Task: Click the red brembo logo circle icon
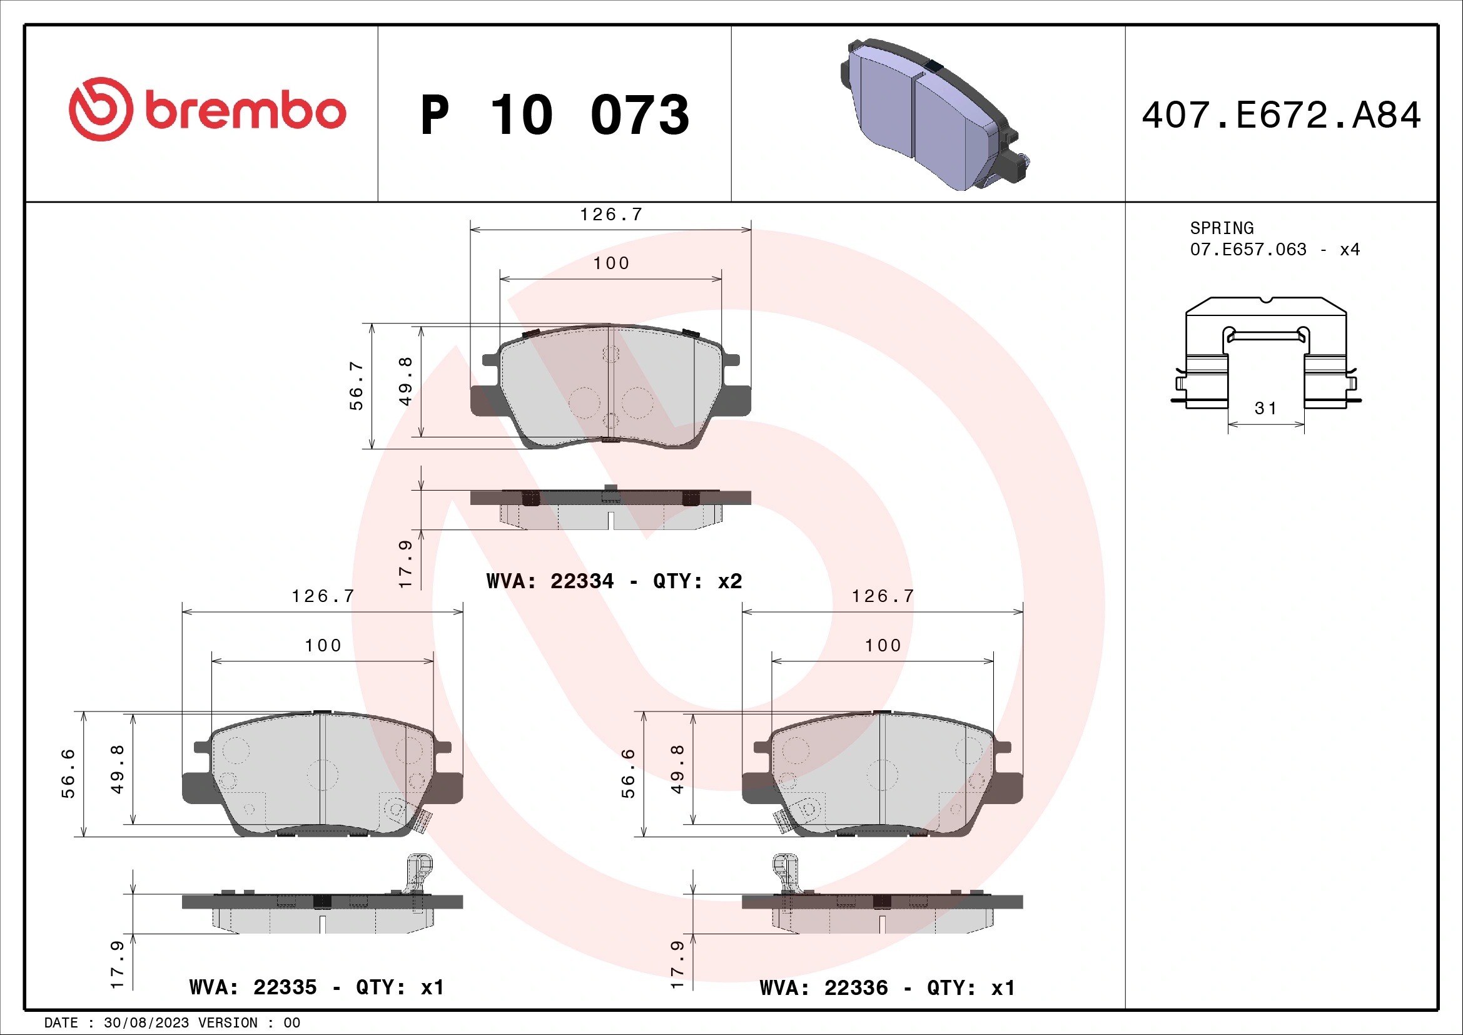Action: click(x=101, y=109)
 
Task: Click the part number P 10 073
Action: click(x=554, y=115)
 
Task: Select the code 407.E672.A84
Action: click(x=1281, y=115)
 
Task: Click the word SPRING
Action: click(x=1221, y=228)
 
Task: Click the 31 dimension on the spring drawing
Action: click(x=1265, y=409)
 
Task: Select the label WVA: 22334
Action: click(x=550, y=581)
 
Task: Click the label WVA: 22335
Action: click(x=253, y=987)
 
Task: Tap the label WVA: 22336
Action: click(x=823, y=988)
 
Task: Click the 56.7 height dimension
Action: click(x=356, y=385)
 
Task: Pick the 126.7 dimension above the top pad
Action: click(x=610, y=215)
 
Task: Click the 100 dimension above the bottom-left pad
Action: click(x=323, y=646)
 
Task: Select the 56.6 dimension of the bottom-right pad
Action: click(x=628, y=773)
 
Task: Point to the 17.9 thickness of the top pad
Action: click(x=405, y=564)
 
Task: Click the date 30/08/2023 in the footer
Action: click(x=146, y=1023)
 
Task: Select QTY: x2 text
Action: click(x=697, y=581)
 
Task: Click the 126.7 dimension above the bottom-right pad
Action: click(x=883, y=596)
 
